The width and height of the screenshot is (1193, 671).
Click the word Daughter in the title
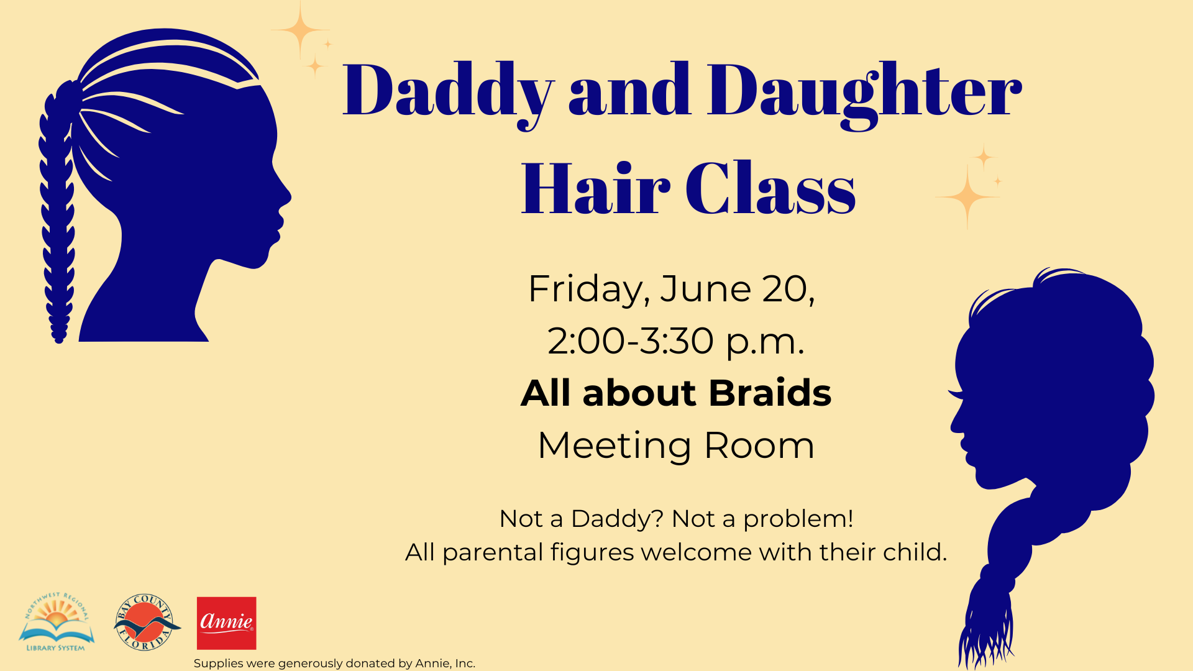(x=864, y=93)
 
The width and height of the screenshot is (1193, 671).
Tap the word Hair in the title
(x=595, y=188)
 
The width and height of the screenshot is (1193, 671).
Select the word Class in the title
(x=770, y=188)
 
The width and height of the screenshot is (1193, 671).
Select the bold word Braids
(x=770, y=393)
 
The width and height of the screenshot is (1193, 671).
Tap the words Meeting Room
(x=676, y=445)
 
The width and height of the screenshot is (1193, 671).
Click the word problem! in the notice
(x=798, y=519)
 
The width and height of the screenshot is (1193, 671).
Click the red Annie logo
(x=226, y=623)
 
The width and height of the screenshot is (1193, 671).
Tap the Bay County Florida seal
(x=146, y=622)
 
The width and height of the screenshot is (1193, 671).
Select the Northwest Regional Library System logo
(x=57, y=622)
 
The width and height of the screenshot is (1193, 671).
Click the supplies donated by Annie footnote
(x=334, y=664)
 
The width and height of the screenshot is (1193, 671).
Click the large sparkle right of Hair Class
(x=967, y=196)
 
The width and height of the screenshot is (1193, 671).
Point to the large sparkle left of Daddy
(x=301, y=30)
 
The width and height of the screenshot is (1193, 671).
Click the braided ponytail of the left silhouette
(x=57, y=211)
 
